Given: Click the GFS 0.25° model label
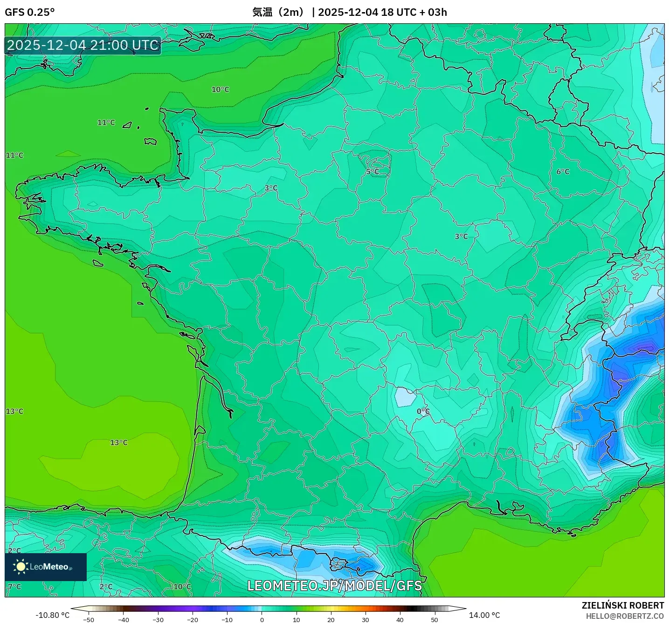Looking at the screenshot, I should click(x=29, y=12).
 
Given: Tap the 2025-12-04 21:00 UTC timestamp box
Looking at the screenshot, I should click(x=83, y=45).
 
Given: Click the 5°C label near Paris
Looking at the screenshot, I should click(x=372, y=172).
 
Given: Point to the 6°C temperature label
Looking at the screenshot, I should click(x=563, y=171).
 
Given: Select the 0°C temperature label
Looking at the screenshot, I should click(x=423, y=411).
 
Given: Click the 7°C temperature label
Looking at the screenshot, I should click(x=14, y=586).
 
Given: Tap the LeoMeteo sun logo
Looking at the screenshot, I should click(x=21, y=566).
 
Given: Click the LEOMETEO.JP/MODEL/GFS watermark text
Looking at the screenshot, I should click(x=334, y=585).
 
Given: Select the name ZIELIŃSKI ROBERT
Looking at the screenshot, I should click(x=623, y=605).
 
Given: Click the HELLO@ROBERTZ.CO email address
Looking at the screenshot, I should click(x=625, y=616).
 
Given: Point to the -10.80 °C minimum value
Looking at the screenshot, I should click(x=52, y=615).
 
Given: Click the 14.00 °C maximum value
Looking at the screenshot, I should click(x=484, y=615).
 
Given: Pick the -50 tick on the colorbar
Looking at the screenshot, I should click(x=89, y=619).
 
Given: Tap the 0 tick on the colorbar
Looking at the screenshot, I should click(x=262, y=619).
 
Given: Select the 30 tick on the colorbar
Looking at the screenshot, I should click(x=366, y=619).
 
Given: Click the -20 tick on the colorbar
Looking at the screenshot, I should click(x=193, y=619).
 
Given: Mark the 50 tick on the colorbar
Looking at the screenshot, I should click(x=435, y=619).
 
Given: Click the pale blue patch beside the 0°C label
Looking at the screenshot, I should click(x=404, y=397).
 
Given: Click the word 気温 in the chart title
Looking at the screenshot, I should click(x=262, y=12).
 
